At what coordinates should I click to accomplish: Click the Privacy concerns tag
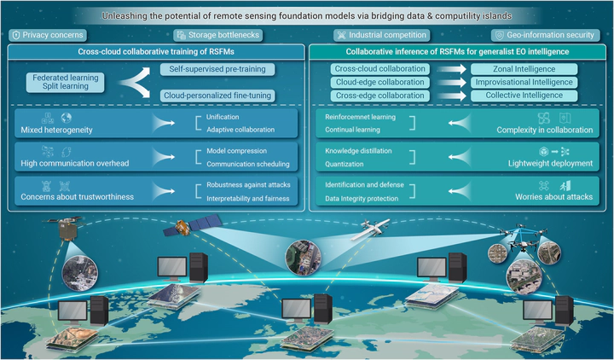tap(48, 35)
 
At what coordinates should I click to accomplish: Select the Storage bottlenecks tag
tap(217, 35)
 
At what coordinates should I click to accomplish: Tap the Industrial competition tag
tap(382, 35)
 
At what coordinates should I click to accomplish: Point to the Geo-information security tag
tap(546, 35)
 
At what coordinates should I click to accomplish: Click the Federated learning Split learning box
tap(66, 82)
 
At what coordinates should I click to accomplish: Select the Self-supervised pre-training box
tap(217, 69)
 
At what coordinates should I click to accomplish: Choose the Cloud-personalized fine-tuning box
tap(217, 96)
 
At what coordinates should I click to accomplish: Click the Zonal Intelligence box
tap(524, 69)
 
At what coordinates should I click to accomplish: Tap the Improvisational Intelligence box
tap(524, 82)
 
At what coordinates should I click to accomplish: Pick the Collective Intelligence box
tap(524, 96)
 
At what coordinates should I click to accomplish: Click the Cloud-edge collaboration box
tap(379, 82)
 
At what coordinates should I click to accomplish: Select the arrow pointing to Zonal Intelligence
tap(451, 69)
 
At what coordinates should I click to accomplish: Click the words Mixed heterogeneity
tap(57, 130)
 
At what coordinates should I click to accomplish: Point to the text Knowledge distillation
tap(358, 151)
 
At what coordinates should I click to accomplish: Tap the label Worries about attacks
tap(553, 197)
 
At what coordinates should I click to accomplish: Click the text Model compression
tap(236, 151)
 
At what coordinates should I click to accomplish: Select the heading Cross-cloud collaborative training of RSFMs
tap(156, 52)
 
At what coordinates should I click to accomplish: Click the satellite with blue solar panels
tap(192, 225)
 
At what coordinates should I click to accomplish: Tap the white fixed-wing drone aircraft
tap(370, 229)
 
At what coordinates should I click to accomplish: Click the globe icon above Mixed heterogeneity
tap(67, 118)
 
